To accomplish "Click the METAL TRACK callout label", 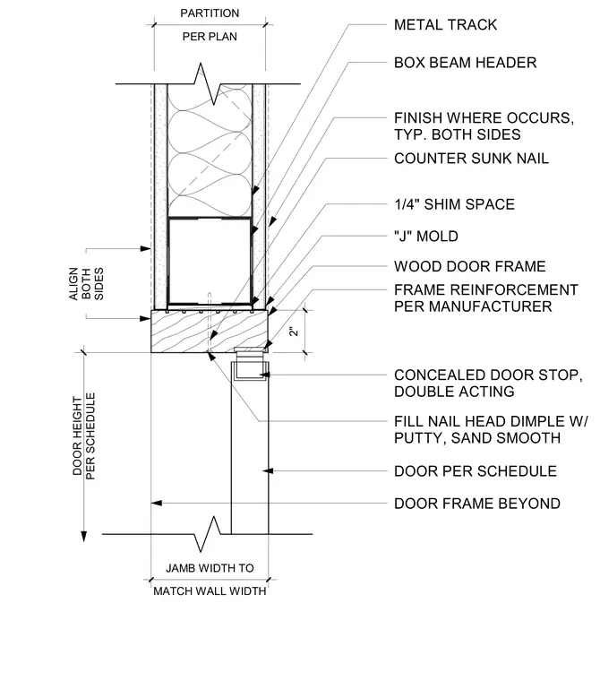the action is pos(445,25).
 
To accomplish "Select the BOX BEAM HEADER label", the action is pos(465,63).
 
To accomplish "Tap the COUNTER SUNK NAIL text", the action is pos(471,159).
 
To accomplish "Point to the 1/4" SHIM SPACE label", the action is pos(454,204).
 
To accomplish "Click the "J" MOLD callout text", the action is pos(426,237).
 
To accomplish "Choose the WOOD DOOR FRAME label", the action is pos(470,266).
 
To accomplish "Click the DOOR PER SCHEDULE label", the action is pos(475,471).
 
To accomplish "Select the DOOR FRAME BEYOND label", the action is pos(476,504).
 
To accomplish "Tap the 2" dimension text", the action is pos(294,331).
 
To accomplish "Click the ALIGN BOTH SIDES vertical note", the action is pos(86,284).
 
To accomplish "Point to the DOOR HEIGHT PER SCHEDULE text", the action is pos(84,436).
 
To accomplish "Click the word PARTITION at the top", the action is pos(210,13).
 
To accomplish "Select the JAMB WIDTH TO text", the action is pos(210,568).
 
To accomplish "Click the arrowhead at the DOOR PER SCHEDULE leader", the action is pos(268,470).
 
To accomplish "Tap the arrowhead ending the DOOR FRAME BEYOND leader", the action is pos(157,503).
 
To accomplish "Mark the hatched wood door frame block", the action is pos(210,331).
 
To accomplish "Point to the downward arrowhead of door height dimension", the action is pos(84,537).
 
